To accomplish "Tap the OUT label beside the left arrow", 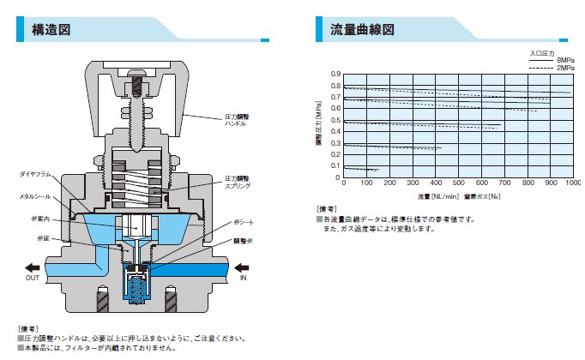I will [33, 278].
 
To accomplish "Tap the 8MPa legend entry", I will [564, 60].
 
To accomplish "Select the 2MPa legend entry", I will [564, 67].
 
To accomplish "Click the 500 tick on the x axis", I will [458, 183].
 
